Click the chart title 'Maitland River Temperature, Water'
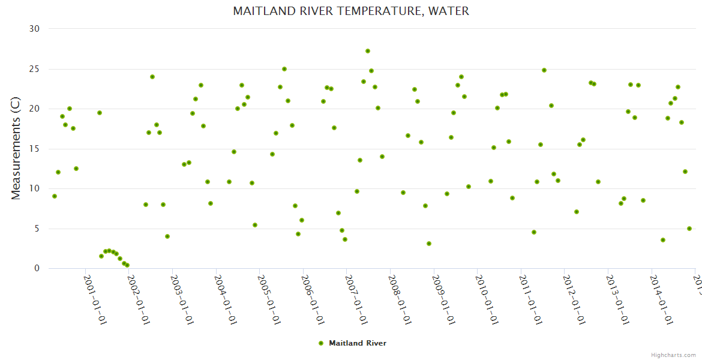[351, 11]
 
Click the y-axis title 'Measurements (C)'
[16, 149]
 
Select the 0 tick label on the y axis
[37, 269]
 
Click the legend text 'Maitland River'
[358, 343]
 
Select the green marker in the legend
[321, 343]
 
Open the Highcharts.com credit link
[673, 355]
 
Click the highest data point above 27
[368, 51]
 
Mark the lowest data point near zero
[127, 265]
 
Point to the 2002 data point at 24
[152, 77]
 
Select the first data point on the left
[55, 196]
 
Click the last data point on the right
[689, 229]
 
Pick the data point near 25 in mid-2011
[544, 70]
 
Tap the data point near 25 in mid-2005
[284, 69]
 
